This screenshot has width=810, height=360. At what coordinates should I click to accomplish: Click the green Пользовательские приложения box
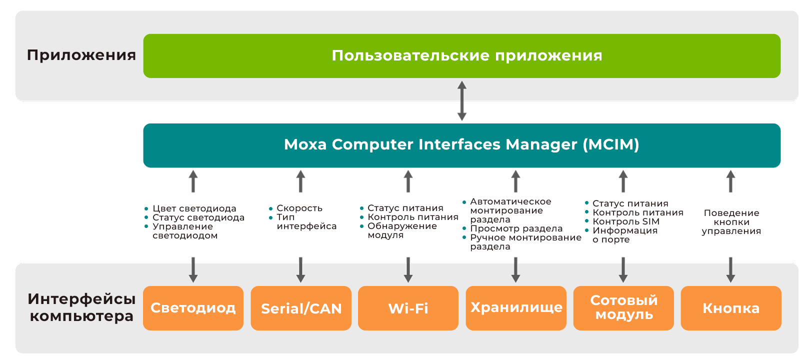[461, 55]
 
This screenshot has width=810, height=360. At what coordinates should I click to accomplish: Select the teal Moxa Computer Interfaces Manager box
[461, 145]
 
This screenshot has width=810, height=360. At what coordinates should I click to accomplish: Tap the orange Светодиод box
[193, 308]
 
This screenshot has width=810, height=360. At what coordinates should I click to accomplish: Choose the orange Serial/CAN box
[301, 308]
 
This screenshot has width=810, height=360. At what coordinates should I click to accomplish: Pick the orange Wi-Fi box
[408, 308]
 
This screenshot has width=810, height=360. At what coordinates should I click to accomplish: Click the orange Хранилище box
[516, 308]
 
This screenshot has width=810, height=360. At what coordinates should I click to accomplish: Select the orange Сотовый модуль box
[623, 308]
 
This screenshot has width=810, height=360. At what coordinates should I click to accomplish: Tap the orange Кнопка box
[731, 308]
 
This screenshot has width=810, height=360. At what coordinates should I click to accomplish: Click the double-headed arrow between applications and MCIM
[462, 101]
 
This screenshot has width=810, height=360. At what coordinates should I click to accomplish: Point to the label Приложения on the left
[81, 55]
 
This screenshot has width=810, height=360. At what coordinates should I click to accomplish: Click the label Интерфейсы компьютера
[81, 307]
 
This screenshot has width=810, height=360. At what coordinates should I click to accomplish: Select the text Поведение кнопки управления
[731, 222]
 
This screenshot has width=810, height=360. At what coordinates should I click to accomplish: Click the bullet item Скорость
[299, 208]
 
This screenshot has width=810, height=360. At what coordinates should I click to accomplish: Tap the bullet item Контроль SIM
[625, 221]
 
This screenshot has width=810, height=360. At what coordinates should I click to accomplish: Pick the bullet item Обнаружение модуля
[401, 230]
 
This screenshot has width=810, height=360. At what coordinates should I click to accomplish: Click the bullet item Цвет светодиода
[193, 208]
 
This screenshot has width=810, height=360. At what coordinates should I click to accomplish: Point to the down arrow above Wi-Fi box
[408, 269]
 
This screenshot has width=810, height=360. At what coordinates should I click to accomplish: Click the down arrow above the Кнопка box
[730, 269]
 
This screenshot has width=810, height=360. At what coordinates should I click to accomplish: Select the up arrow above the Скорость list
[300, 181]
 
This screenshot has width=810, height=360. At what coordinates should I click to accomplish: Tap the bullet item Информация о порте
[624, 235]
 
